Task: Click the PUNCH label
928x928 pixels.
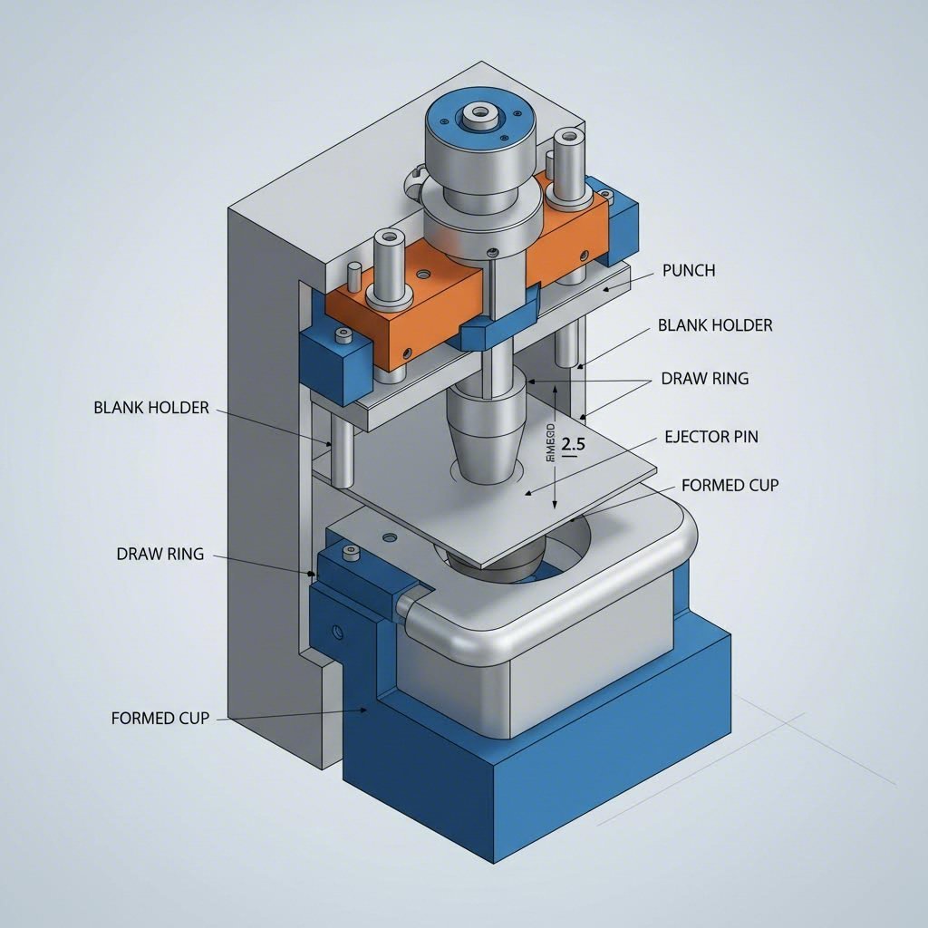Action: point(689,271)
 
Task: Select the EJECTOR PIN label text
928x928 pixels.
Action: point(711,437)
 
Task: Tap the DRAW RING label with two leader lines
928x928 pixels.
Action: point(705,379)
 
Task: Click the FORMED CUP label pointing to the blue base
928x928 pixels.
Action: point(159,719)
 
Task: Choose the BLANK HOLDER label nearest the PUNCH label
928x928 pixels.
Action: point(715,325)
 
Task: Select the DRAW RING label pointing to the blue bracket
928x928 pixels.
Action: point(159,554)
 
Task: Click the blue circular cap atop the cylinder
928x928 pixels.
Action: point(477,116)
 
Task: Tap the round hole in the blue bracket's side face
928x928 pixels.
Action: point(337,631)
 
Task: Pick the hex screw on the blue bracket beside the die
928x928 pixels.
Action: point(348,552)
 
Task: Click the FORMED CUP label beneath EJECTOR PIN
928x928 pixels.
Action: point(730,485)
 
